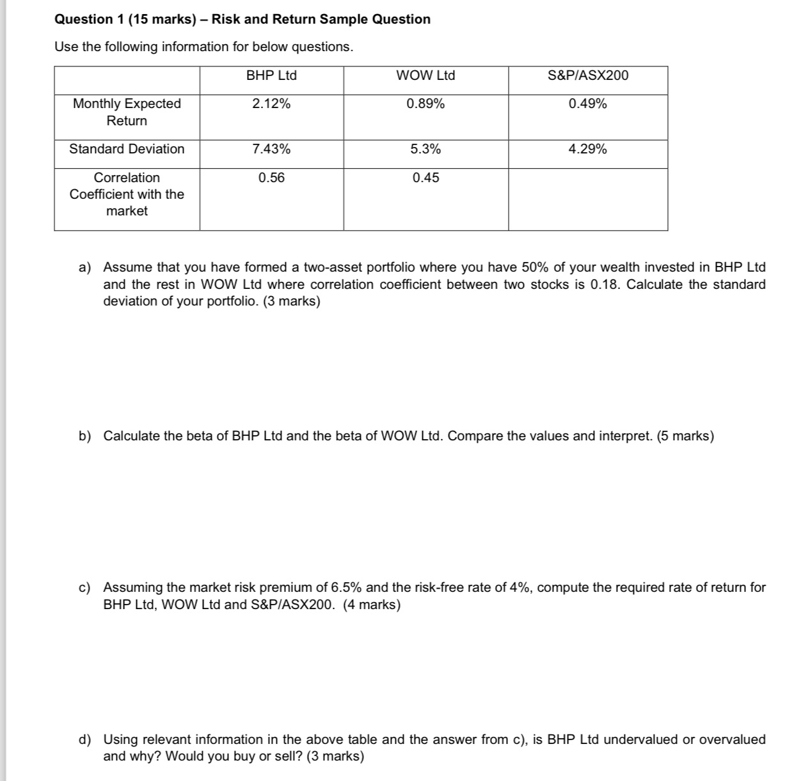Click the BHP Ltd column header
(x=271, y=75)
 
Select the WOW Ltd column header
(x=425, y=75)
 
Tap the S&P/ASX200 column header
(x=588, y=75)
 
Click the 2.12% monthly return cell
(x=271, y=104)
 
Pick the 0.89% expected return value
(x=425, y=104)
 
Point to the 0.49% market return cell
(x=588, y=104)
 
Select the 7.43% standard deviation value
(x=271, y=149)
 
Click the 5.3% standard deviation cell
(x=425, y=149)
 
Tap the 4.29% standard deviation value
(x=588, y=149)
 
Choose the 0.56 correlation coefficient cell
(x=271, y=178)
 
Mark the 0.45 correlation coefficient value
(x=425, y=178)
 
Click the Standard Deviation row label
(x=127, y=149)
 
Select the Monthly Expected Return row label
(x=127, y=112)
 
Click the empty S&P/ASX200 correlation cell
(x=588, y=199)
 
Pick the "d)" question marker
(x=84, y=739)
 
